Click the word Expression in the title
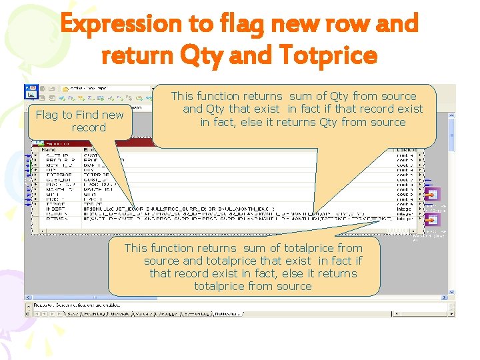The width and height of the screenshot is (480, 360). [120, 24]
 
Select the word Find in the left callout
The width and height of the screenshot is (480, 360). [87, 115]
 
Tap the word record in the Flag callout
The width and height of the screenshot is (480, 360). [89, 127]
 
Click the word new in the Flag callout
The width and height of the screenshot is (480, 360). [113, 115]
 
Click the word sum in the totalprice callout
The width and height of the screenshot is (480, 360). [254, 248]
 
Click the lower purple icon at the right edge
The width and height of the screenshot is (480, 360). [433, 219]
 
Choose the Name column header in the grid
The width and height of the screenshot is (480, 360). [50, 149]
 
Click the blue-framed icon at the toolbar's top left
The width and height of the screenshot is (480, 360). [30, 88]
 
